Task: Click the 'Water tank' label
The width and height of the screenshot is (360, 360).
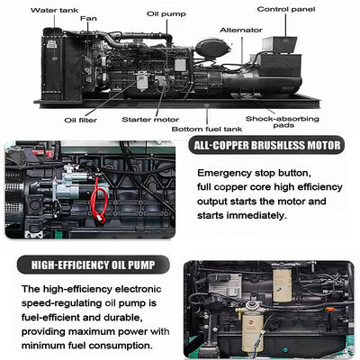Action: coord(54,10)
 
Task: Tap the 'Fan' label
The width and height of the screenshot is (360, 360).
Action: coord(88,19)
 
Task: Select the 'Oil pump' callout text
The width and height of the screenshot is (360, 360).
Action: coord(166,14)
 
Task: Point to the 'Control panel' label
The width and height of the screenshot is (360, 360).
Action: coord(286,9)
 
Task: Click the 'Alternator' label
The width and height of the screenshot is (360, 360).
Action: coord(241,31)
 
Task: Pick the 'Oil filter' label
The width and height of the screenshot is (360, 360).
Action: coord(81,121)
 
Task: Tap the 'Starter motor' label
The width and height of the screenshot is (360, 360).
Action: coord(150,120)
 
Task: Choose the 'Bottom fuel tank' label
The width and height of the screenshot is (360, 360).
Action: coord(207,130)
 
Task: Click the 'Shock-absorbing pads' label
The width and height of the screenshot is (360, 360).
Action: coord(283,121)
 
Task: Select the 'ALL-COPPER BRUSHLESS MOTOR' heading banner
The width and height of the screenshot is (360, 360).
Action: coord(266,146)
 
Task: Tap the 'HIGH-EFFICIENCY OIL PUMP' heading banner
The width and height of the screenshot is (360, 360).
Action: coord(93,265)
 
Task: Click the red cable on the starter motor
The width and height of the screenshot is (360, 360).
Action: coord(99,200)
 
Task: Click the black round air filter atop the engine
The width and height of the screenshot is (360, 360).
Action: coord(212,49)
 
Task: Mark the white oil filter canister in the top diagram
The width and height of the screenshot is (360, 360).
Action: coord(142,81)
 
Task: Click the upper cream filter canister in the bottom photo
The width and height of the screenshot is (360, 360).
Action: coord(282,285)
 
